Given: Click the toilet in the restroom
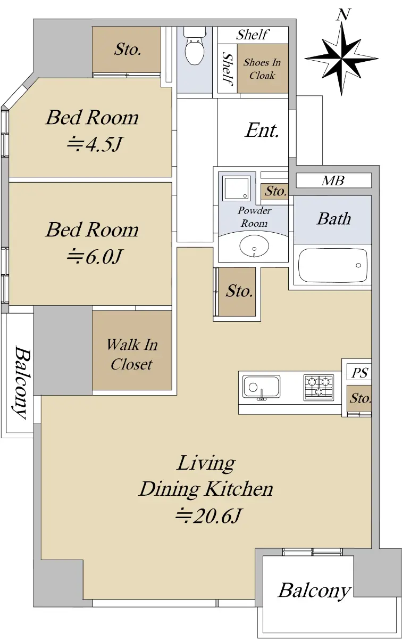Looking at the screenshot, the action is coord(195,46).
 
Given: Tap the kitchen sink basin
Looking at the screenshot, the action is coord(261,386).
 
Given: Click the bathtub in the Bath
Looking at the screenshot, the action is coord(332,265).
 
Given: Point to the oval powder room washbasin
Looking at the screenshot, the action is coord(254,245).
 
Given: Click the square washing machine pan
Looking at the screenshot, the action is coord(237,187).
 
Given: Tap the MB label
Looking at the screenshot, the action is coord(333,181).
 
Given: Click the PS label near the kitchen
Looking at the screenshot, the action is coord(359,372).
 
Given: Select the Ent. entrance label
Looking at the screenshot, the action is coord(262,130).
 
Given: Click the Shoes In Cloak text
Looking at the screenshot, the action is coord(262,69).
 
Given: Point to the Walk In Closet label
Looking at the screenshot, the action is coord(132,354).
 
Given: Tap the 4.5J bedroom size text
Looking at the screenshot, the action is coord(95,144).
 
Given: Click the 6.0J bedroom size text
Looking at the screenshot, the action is coord(95,256).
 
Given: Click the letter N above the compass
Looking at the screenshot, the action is coord(343,14).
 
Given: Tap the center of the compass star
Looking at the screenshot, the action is coord(341,59).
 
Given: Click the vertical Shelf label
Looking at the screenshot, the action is coord(228,69).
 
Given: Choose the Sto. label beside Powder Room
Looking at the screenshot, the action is coord(275,191).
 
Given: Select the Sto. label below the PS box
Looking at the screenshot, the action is coord(360,398).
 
